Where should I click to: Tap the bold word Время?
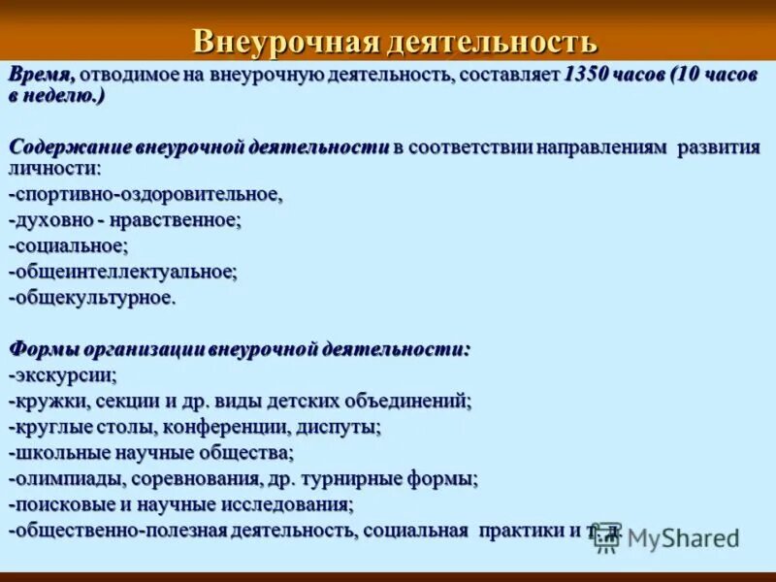pyautogui.click(x=41, y=74)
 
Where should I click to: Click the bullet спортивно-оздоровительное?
pyautogui.click(x=145, y=195)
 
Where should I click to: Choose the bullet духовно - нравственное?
pyautogui.click(x=125, y=220)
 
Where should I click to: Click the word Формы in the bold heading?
pyautogui.click(x=44, y=348)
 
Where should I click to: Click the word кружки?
pyautogui.click(x=49, y=400)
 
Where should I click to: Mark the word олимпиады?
pyautogui.click(x=64, y=478)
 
